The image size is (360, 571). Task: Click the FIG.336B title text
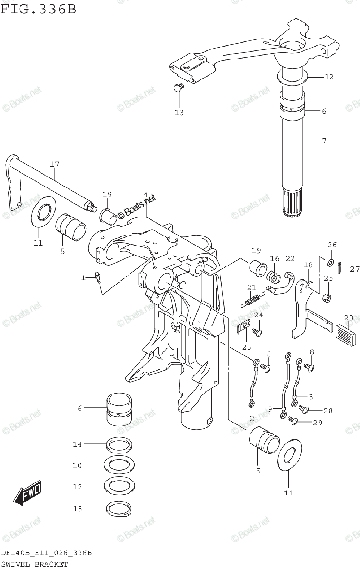(38, 8)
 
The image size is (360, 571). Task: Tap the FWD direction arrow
(28, 493)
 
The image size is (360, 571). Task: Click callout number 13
(179, 113)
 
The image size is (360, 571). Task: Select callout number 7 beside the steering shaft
(324, 141)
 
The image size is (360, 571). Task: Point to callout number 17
(54, 165)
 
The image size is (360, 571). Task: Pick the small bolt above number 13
(178, 88)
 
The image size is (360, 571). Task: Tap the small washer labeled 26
(330, 262)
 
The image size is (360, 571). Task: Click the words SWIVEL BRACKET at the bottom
(34, 564)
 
